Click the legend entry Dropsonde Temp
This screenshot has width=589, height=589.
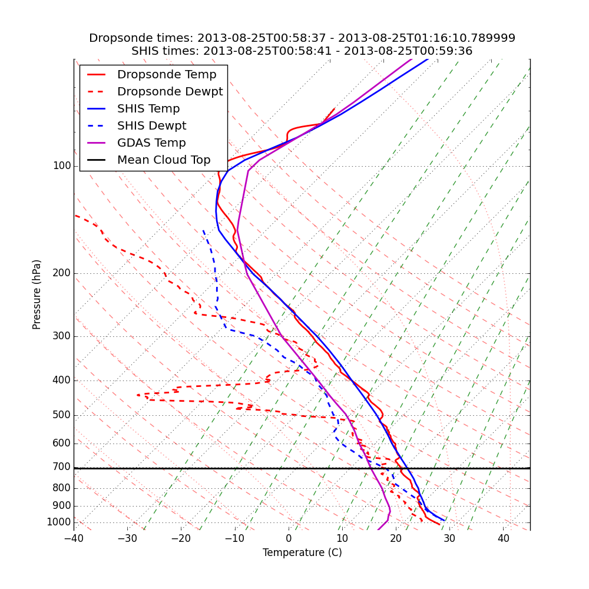167,75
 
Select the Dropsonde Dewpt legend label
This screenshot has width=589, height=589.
170,92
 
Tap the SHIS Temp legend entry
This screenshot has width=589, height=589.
148,109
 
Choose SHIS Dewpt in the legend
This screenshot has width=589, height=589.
151,126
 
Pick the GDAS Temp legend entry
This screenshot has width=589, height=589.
151,143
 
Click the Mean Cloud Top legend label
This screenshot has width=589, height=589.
164,160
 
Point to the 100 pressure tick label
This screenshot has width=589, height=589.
62,166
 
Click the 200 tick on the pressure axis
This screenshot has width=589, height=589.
62,273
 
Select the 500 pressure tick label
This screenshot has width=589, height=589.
62,415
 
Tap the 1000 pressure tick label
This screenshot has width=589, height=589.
59,522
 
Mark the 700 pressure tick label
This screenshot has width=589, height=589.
62,467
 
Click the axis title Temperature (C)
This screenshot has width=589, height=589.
302,553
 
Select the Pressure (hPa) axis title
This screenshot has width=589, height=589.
37,294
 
